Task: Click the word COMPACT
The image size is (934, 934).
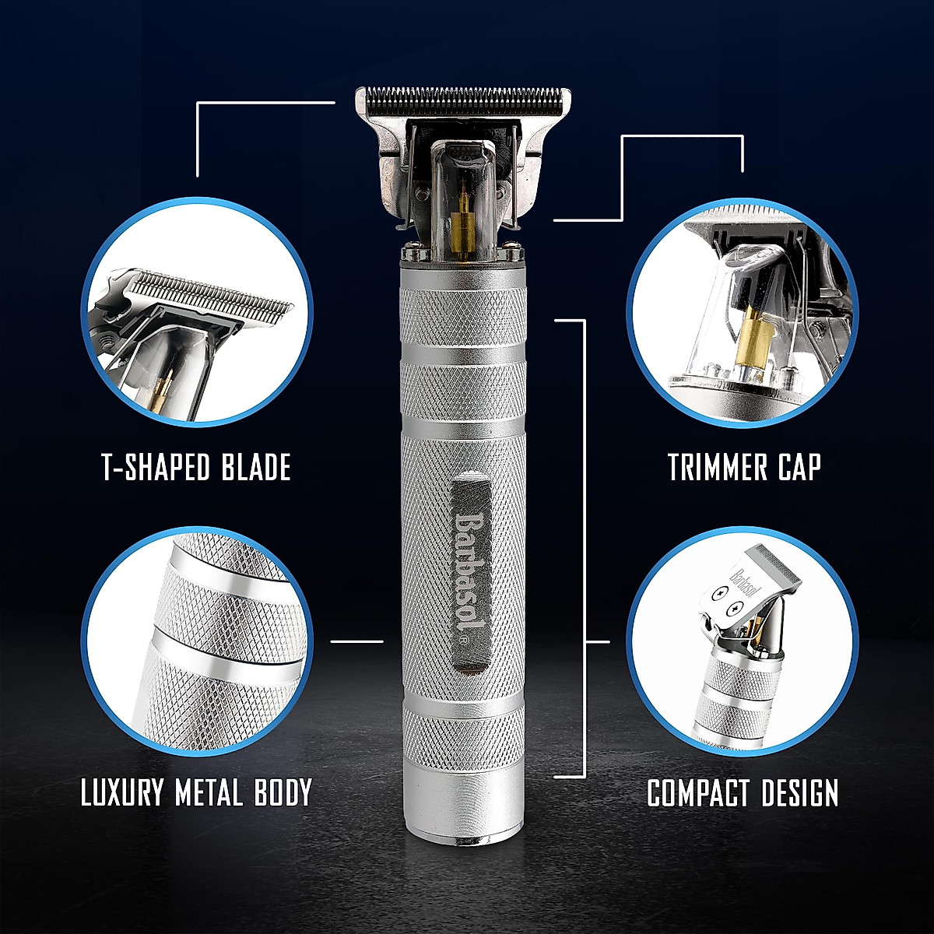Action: (696, 793)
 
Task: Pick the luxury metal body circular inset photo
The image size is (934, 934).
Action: (198, 642)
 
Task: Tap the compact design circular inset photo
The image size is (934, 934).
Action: (743, 642)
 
